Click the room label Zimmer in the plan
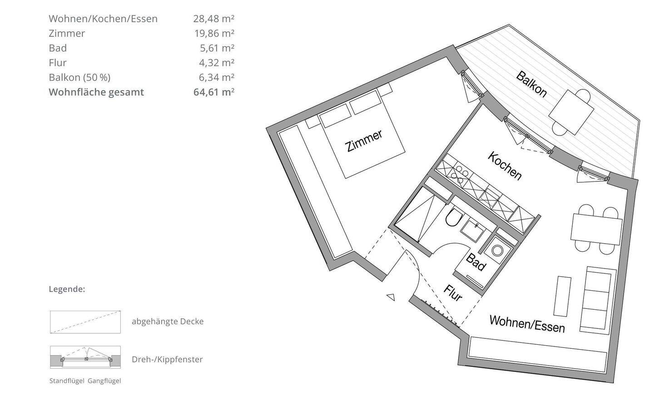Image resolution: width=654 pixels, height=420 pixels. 363,141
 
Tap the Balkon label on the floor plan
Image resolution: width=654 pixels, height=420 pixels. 531,84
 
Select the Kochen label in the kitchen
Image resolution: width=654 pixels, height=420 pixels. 505,166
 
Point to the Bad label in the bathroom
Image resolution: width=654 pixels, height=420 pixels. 476,262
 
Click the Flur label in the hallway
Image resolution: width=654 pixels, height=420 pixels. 453,293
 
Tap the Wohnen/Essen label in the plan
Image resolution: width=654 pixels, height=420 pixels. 527,324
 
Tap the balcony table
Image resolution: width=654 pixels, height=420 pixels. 571,112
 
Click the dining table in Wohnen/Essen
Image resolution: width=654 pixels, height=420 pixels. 596,230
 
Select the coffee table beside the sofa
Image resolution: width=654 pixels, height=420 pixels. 562,296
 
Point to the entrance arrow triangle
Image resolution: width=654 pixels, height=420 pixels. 391,297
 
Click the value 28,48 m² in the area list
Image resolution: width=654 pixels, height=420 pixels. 214,19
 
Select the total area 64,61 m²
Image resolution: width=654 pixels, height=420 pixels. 214,92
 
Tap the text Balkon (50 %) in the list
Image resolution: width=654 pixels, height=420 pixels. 80,78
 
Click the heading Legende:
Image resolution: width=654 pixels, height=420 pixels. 67,289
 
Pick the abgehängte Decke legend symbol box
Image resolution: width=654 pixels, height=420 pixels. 85,322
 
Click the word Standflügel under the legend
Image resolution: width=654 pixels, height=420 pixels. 67,381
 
